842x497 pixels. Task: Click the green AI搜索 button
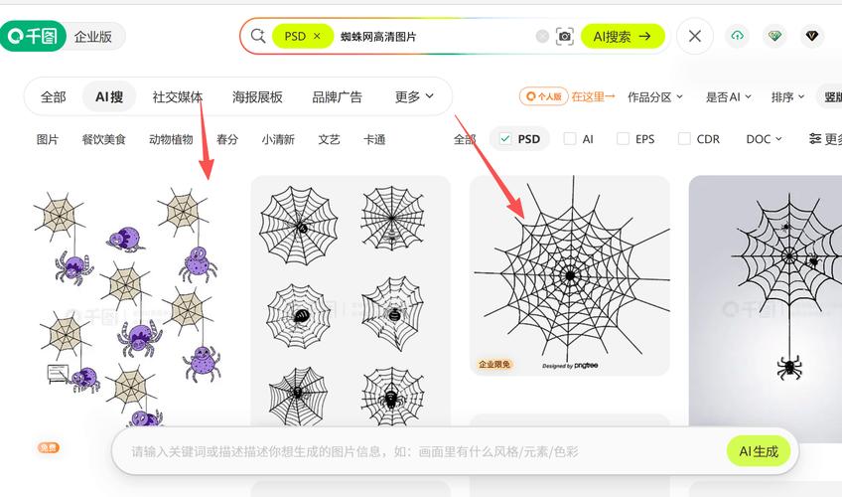[623, 37]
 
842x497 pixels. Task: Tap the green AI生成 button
[760, 451]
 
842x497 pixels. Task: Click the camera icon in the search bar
[565, 37]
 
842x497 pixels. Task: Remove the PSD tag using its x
[317, 36]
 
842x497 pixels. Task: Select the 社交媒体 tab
[178, 96]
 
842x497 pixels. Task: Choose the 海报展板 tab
[257, 96]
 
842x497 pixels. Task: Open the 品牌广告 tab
[337, 96]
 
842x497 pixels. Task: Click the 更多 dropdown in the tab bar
[414, 96]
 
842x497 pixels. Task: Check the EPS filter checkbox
[624, 139]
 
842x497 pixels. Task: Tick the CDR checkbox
[684, 139]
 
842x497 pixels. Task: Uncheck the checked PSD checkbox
[505, 139]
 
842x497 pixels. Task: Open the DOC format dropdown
[764, 139]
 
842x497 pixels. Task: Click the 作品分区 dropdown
[655, 96]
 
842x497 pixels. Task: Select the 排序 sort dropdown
[788, 96]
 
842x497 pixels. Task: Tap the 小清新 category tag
[278, 139]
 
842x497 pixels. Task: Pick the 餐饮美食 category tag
[103, 139]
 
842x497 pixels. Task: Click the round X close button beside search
[695, 37]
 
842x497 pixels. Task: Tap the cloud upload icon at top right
[737, 36]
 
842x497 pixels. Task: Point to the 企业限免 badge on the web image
[494, 365]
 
